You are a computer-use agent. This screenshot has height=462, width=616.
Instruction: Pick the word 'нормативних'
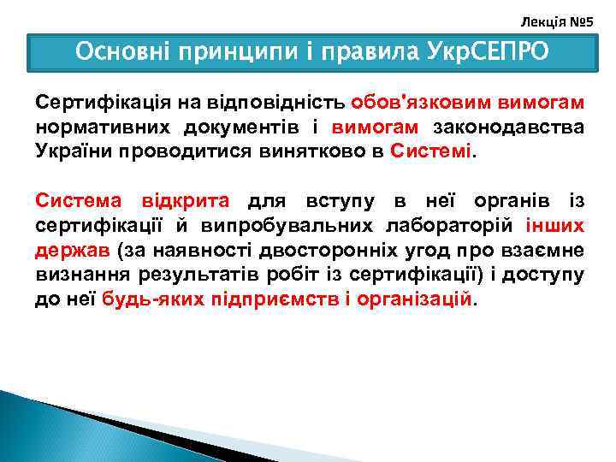102,127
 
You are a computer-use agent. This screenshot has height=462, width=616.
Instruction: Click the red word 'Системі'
429,151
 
